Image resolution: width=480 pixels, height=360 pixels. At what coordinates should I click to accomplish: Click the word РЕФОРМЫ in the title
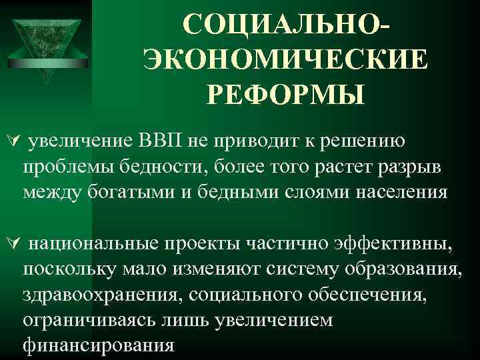click(286, 95)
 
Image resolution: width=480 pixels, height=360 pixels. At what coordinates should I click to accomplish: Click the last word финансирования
click(99, 345)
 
